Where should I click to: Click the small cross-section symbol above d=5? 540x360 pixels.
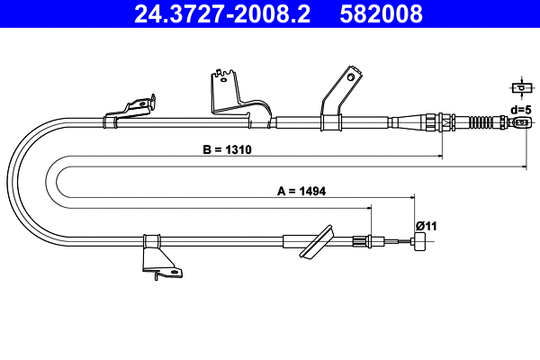point(518,87)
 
